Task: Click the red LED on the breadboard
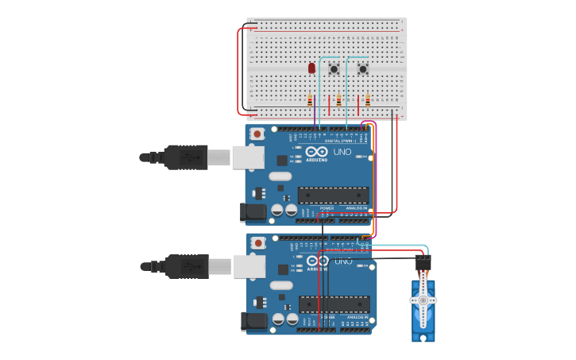pyautogui.click(x=311, y=68)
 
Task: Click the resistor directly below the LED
pyautogui.click(x=310, y=99)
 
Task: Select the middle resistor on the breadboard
pyautogui.click(x=339, y=100)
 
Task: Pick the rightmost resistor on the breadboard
pyautogui.click(x=368, y=99)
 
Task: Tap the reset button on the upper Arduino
pyautogui.click(x=257, y=134)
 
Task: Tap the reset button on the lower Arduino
pyautogui.click(x=257, y=242)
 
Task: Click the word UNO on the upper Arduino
pyautogui.click(x=342, y=152)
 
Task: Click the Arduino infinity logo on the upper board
pyautogui.click(x=315, y=152)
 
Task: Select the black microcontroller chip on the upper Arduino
pyautogui.click(x=333, y=195)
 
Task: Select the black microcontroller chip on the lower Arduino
pyautogui.click(x=334, y=304)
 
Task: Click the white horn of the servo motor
pyautogui.click(x=423, y=300)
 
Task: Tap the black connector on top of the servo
pyautogui.click(x=423, y=261)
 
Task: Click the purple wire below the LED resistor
pyautogui.click(x=315, y=116)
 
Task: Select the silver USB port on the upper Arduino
pyautogui.click(x=247, y=157)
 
